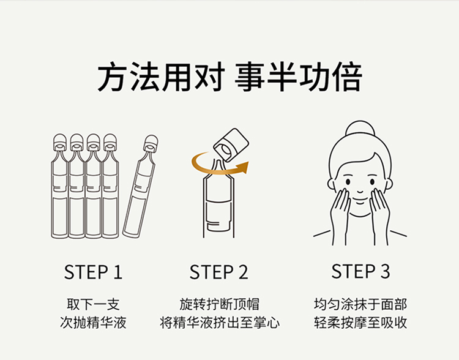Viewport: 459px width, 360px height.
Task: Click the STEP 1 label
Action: pyautogui.click(x=94, y=272)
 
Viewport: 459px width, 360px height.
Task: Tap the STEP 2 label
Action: pyautogui.click(x=219, y=272)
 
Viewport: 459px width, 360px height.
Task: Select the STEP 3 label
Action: pyautogui.click(x=360, y=271)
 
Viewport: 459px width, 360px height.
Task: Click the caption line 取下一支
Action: pyautogui.click(x=93, y=304)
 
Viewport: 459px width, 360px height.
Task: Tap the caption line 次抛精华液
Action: pyautogui.click(x=93, y=323)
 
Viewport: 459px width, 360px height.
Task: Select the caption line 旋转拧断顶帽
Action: pyautogui.click(x=219, y=304)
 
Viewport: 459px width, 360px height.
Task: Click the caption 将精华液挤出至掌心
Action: pyautogui.click(x=219, y=323)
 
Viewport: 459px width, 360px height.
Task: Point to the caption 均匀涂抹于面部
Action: pyautogui.click(x=360, y=304)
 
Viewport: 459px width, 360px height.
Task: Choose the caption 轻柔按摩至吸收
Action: pyautogui.click(x=360, y=323)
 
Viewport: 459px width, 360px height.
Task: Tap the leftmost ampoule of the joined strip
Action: pyautogui.click(x=59, y=187)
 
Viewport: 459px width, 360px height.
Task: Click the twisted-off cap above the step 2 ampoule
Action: pyautogui.click(x=231, y=145)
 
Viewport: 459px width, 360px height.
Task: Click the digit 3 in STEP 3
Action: pyautogui.click(x=385, y=271)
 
